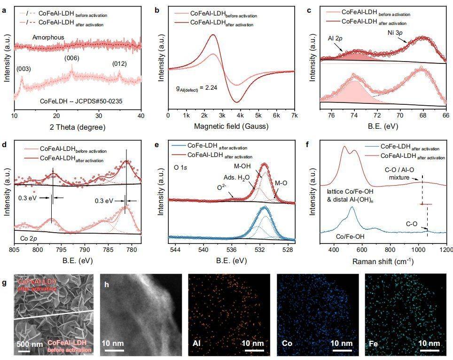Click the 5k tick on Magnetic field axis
[258, 116]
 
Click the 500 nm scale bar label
[29, 344]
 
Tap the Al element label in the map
[197, 343]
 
